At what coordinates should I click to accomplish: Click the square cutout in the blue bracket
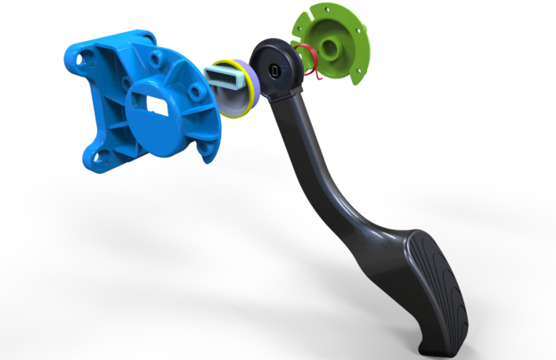tap(156, 108)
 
